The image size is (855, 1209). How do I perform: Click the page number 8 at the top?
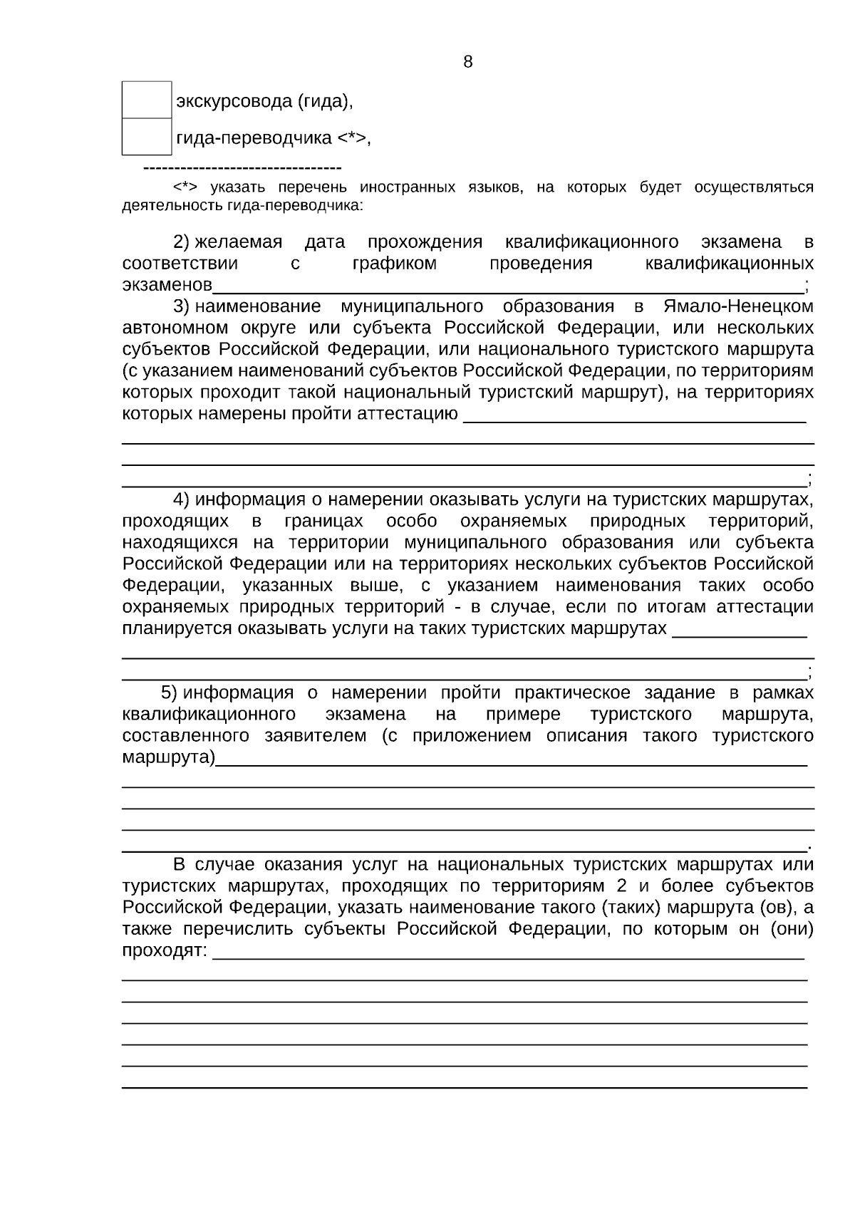467,62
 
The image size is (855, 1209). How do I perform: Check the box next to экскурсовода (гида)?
147,100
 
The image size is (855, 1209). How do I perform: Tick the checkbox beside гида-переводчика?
147,137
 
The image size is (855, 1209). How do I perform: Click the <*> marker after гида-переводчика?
351,137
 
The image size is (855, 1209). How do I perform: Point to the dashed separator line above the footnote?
242,168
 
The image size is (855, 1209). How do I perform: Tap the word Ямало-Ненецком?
738,306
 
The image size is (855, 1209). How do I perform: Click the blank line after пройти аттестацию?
634,420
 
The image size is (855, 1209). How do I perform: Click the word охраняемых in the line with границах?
514,521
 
